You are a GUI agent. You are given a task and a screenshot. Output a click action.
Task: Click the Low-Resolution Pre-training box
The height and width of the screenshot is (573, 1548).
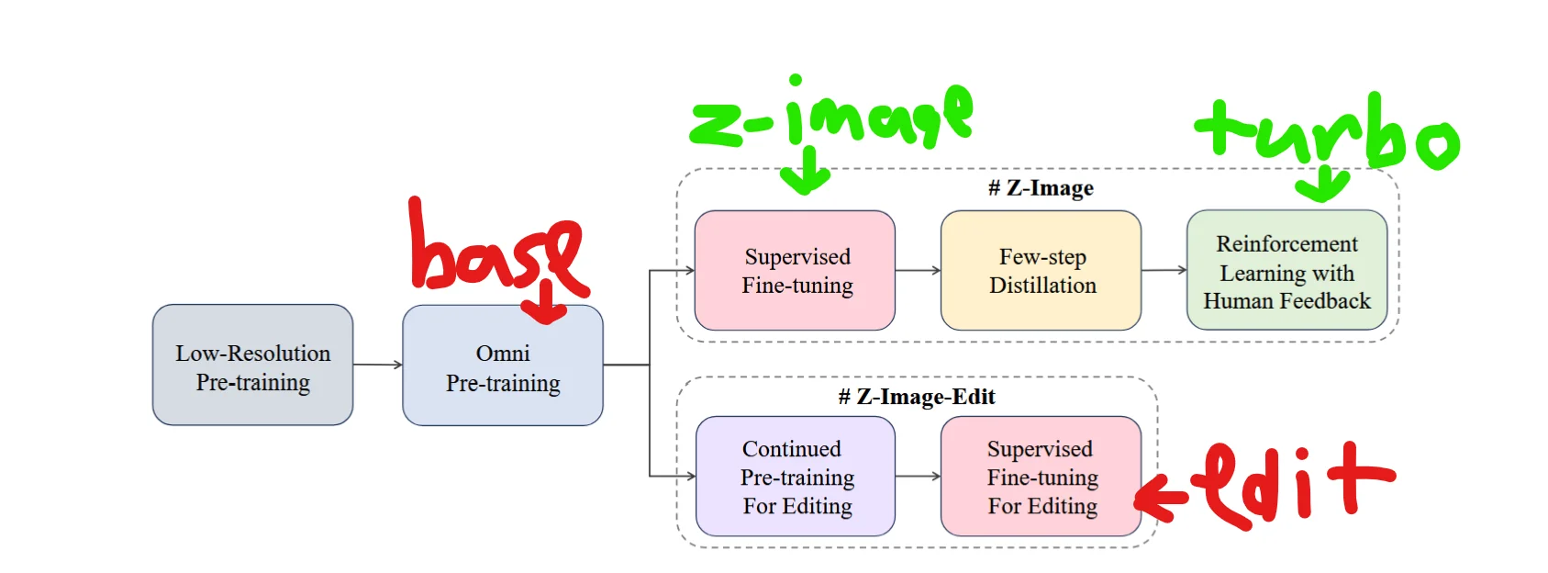(252, 365)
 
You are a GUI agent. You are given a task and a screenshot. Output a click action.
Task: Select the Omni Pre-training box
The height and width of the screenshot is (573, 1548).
(502, 367)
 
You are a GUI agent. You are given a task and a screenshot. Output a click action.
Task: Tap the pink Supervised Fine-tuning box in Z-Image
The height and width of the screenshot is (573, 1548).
(795, 271)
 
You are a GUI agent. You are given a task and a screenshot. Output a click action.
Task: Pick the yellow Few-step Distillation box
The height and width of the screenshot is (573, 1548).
(1041, 271)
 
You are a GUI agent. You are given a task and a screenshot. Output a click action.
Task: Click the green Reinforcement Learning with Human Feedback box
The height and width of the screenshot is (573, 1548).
(1286, 271)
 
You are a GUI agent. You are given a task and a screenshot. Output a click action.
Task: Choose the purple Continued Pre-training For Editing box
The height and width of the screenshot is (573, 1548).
(795, 477)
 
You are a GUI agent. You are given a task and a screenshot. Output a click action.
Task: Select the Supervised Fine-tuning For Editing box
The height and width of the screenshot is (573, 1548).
(1041, 477)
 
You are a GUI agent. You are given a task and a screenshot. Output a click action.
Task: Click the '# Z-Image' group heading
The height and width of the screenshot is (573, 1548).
(1041, 188)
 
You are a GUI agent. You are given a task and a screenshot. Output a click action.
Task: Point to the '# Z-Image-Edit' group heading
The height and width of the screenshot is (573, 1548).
(916, 397)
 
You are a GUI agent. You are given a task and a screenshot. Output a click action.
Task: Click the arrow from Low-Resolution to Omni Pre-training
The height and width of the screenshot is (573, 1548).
(378, 365)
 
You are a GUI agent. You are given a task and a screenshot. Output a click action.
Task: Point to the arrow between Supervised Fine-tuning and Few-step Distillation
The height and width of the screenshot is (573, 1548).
(918, 271)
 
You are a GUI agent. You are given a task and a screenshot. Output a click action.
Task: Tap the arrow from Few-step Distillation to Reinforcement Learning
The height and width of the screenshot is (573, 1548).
(1164, 271)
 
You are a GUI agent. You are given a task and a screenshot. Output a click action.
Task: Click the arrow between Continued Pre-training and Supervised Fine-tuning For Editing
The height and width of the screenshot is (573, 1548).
(918, 477)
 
